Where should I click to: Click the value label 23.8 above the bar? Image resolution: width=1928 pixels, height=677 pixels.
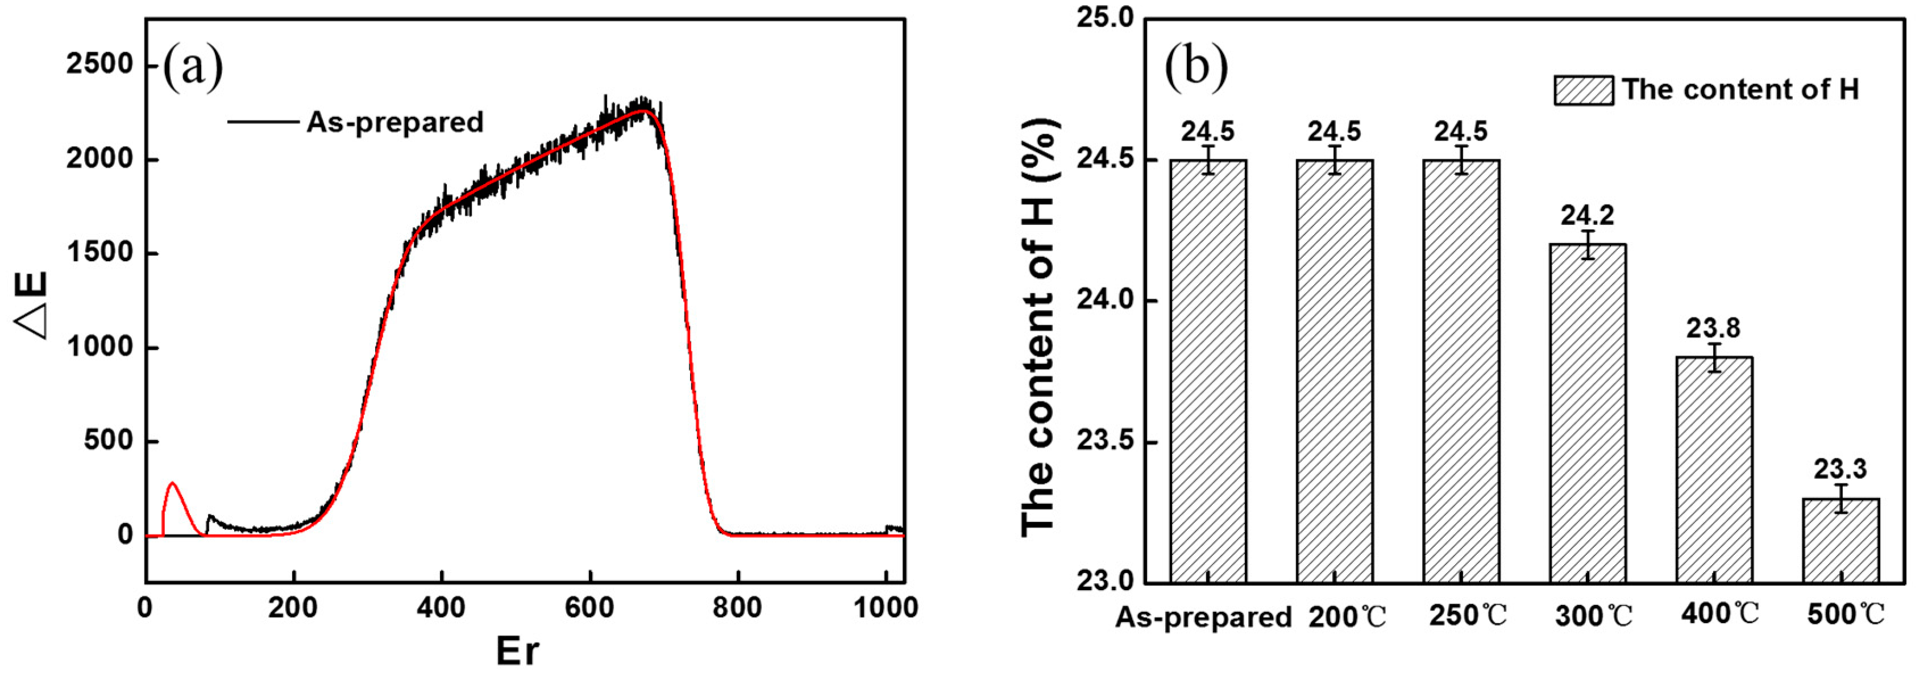[x=1713, y=328]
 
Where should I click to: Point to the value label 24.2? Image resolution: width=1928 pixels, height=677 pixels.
[x=1588, y=215]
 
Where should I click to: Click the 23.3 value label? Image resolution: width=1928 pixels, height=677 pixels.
[x=1840, y=469]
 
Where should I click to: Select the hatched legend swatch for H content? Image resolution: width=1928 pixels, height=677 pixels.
[x=1583, y=90]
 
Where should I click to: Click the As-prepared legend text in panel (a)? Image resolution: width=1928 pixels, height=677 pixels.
[x=395, y=122]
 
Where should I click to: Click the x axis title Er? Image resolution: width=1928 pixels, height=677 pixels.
[x=517, y=651]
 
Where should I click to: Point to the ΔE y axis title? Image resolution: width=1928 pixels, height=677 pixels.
[x=31, y=305]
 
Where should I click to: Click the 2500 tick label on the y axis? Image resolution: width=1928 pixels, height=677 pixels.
[x=99, y=64]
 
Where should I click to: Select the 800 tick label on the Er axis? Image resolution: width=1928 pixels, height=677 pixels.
[x=737, y=608]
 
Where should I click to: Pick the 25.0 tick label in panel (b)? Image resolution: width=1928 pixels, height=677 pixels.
[x=1105, y=18]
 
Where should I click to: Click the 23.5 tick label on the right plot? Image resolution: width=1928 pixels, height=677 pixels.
[x=1105, y=441]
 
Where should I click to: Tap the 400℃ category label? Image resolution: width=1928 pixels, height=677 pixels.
[x=1719, y=614]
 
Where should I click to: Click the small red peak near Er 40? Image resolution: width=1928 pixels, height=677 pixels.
[x=173, y=486]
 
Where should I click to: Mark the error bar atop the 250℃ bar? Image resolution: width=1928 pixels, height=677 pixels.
[x=1461, y=160]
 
